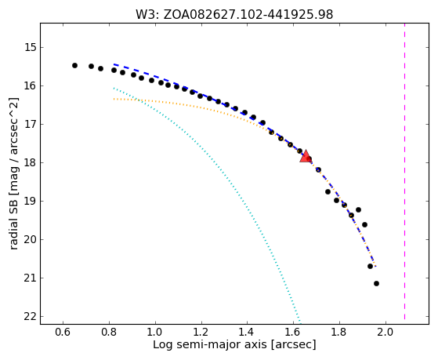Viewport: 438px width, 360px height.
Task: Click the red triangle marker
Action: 306,156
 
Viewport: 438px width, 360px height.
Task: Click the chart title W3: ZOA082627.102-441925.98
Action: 234,14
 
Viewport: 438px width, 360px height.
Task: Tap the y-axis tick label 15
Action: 31,47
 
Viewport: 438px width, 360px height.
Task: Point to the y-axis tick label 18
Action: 31,162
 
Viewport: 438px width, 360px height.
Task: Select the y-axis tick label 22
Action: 31,316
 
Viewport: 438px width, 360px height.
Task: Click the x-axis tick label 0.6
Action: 63,333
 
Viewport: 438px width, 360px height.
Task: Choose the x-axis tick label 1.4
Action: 247,333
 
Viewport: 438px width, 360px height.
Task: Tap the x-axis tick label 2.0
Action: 386,333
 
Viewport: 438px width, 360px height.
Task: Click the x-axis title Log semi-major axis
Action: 210,345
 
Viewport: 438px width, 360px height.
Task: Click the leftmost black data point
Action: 74,65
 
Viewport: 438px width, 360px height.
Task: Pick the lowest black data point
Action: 376,283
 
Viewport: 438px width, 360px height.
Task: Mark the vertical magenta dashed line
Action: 404,171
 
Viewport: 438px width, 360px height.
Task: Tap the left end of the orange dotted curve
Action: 114,99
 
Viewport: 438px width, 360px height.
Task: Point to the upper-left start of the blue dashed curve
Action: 114,64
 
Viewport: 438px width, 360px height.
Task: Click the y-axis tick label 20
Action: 31,239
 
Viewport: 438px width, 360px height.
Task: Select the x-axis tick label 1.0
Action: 155,333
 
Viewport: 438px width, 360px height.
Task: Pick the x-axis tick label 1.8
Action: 339,333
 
